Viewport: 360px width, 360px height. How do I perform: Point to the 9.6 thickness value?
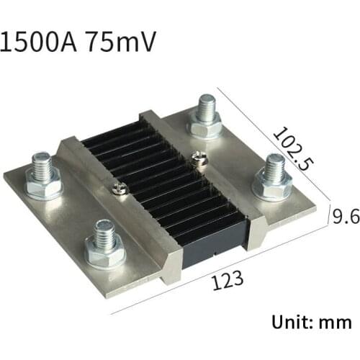pos(345,215)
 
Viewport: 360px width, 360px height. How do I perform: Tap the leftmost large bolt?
pos(42,177)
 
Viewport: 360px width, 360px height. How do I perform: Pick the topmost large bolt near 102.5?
pos(205,115)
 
